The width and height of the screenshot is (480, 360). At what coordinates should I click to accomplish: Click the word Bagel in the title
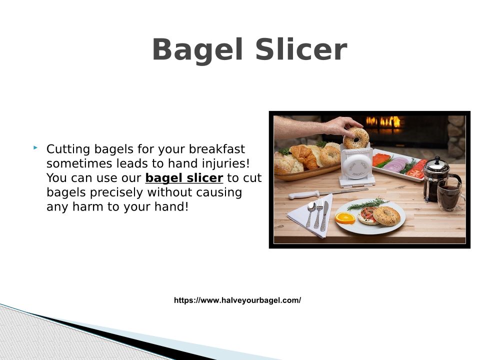(x=198, y=50)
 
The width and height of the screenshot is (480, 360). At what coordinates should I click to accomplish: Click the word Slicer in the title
(x=301, y=49)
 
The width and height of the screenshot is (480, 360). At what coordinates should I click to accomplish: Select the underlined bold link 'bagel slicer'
(x=184, y=178)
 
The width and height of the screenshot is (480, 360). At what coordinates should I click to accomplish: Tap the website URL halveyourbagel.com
(x=237, y=300)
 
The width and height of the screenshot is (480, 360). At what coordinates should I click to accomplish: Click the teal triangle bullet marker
(x=35, y=148)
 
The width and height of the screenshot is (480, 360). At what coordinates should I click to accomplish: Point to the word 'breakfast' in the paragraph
(x=216, y=149)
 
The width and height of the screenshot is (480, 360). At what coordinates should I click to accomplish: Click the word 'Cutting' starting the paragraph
(x=68, y=149)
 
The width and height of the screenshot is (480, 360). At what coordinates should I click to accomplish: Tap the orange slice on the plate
(x=345, y=218)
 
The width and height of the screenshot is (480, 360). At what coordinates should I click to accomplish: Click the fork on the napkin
(x=318, y=213)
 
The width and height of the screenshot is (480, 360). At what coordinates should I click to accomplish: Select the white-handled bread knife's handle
(x=304, y=194)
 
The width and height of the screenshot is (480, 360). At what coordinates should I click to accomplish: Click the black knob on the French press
(x=437, y=158)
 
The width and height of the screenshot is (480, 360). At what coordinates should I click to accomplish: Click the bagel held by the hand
(x=355, y=138)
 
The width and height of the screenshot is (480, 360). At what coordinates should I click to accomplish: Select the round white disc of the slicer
(x=355, y=166)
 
